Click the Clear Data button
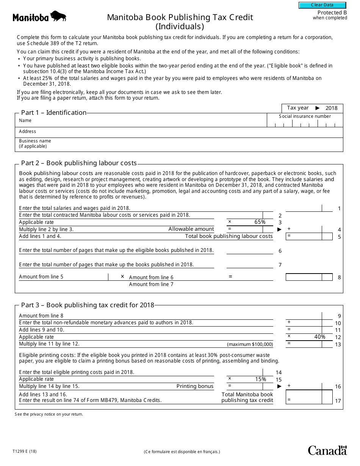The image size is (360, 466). [x=322, y=5]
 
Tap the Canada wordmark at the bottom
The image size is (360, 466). [x=327, y=450]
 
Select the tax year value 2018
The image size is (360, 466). [x=331, y=108]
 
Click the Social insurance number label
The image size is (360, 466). [x=305, y=116]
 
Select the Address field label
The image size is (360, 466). [x=28, y=131]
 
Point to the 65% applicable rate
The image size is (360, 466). [x=260, y=222]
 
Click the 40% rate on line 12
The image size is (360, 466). [x=319, y=337]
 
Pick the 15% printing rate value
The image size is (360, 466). [x=260, y=379]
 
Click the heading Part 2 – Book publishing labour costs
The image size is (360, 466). [x=79, y=163]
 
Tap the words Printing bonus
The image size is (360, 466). [x=195, y=386]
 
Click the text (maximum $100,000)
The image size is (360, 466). [x=250, y=344]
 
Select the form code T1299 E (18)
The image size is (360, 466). [x=26, y=451]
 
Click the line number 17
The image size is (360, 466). [x=338, y=401]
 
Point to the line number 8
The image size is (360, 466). [x=339, y=277]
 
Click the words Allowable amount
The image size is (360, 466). [x=191, y=229]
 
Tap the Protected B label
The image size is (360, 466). [x=332, y=13]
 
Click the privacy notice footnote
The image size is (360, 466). [x=49, y=414]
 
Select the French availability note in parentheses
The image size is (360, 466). [x=182, y=452]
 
